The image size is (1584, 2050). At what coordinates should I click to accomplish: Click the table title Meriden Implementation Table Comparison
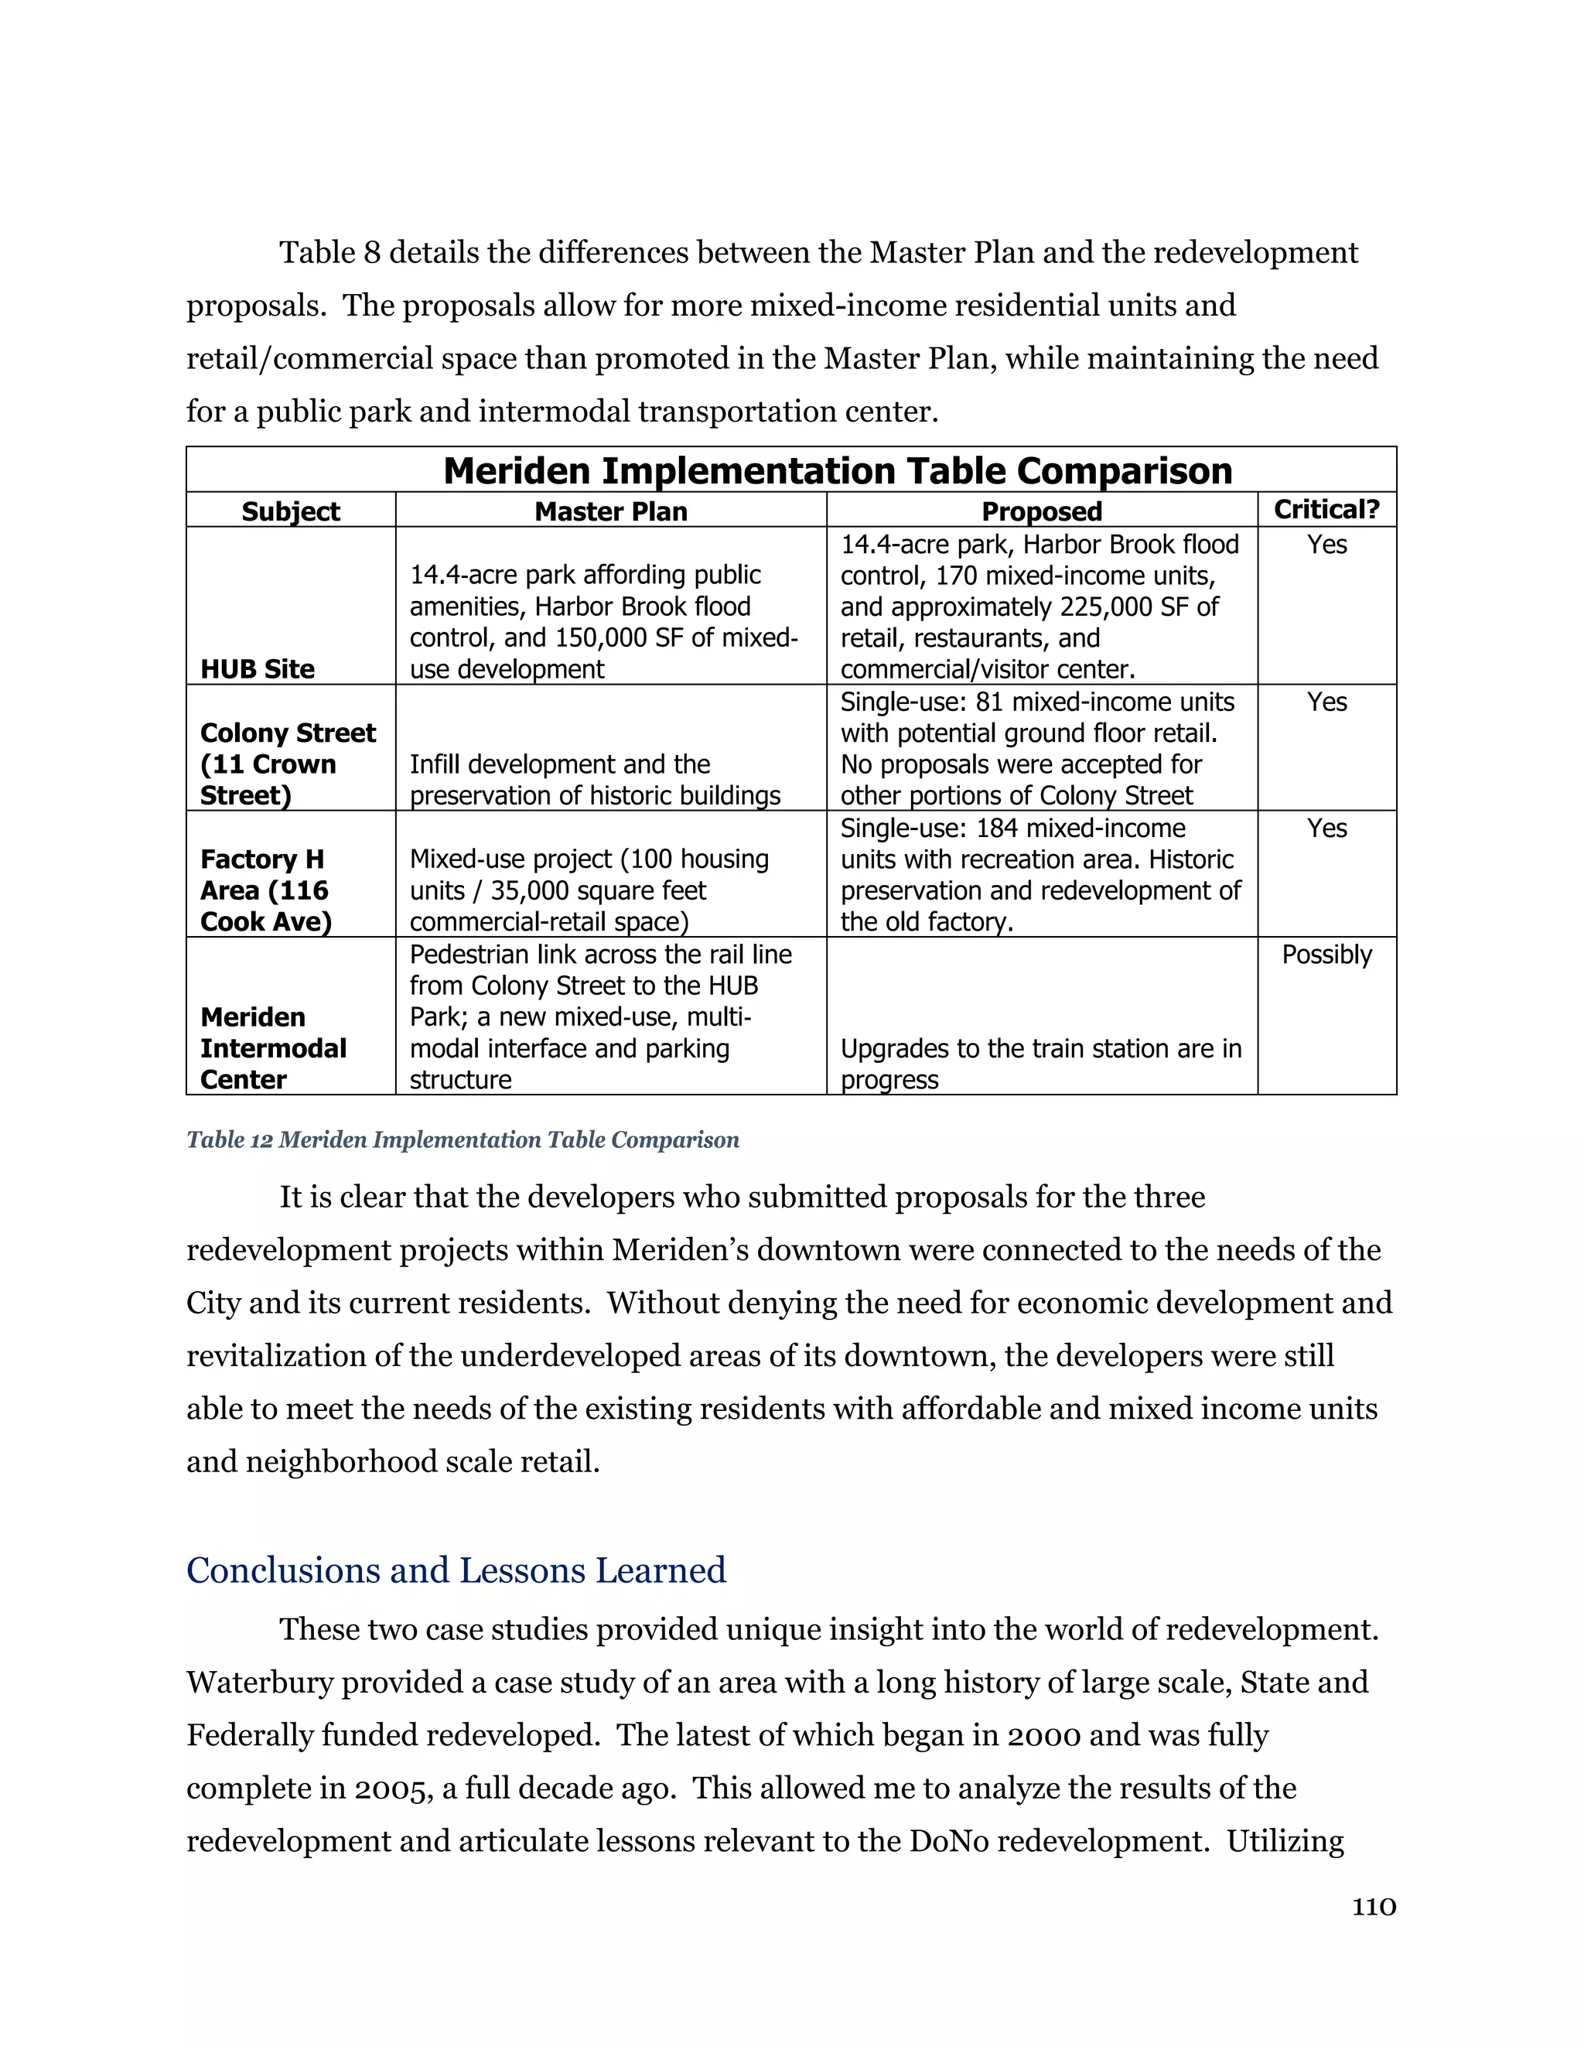pyautogui.click(x=837, y=470)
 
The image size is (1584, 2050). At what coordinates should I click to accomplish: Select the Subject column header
pyautogui.click(x=291, y=511)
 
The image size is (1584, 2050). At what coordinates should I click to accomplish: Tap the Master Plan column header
pyautogui.click(x=611, y=511)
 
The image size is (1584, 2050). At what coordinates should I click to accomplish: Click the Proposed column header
pyautogui.click(x=1042, y=511)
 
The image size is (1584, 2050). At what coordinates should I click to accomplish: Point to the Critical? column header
pyautogui.click(x=1326, y=510)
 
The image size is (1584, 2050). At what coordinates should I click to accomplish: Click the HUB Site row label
pyautogui.click(x=258, y=669)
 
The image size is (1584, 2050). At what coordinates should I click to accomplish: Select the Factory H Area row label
pyautogui.click(x=265, y=890)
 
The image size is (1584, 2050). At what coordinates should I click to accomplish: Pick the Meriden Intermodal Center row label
pyautogui.click(x=273, y=1047)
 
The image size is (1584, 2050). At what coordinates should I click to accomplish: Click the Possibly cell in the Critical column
pyautogui.click(x=1326, y=955)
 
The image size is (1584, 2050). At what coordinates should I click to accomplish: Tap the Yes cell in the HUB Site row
pyautogui.click(x=1326, y=545)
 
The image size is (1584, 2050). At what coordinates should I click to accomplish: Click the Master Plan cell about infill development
pyautogui.click(x=595, y=780)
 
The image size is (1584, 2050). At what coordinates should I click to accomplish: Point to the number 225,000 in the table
pyautogui.click(x=1104, y=607)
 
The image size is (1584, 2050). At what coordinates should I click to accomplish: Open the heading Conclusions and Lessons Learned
pyautogui.click(x=456, y=1570)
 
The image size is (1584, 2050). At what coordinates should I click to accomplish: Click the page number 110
pyautogui.click(x=1373, y=1906)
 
